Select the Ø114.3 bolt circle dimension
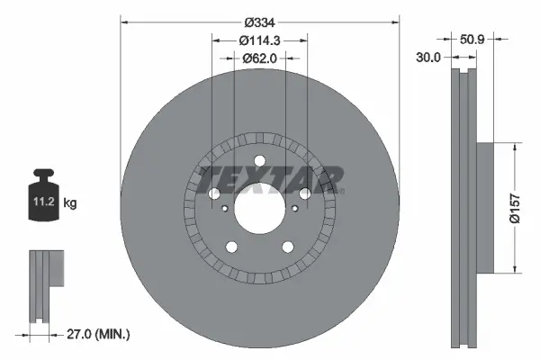[259, 40]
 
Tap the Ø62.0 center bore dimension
[259, 58]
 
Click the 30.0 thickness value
[427, 57]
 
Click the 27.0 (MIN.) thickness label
[99, 333]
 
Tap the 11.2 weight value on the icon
[43, 203]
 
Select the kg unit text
[70, 203]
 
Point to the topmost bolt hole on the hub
[259, 162]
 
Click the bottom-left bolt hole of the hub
[231, 247]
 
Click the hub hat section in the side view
[484, 207]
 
